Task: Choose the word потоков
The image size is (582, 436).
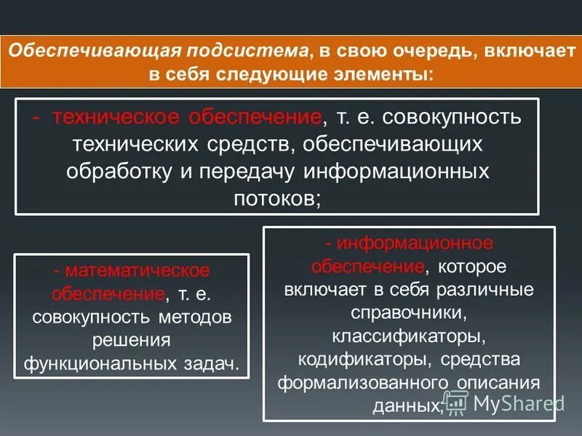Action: coord(276,198)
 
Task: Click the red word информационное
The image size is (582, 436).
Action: coord(408,243)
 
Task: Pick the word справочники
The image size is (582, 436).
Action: coord(407,314)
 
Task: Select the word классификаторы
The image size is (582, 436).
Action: coord(407,337)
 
